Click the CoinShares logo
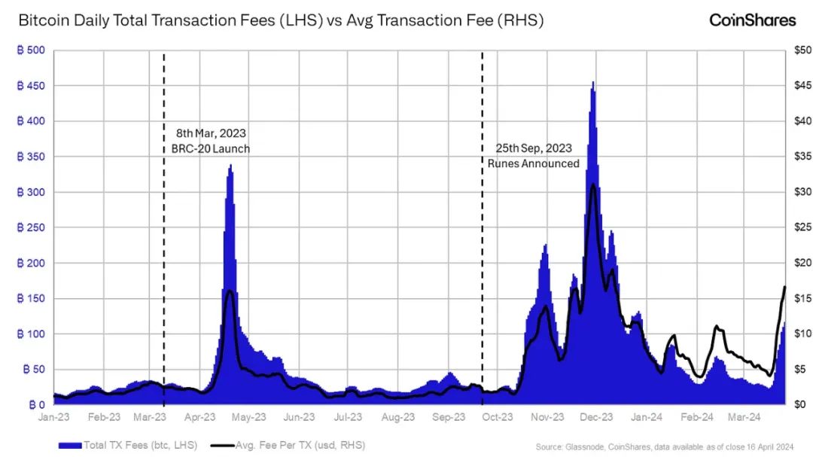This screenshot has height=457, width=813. click(x=752, y=20)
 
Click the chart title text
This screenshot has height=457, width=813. click(x=280, y=21)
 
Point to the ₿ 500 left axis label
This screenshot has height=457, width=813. click(x=30, y=50)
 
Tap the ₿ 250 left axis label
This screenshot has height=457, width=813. click(x=30, y=228)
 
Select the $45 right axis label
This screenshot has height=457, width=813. click(x=796, y=86)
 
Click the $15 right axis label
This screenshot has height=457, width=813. click(x=796, y=299)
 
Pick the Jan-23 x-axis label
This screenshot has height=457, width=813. click(x=54, y=416)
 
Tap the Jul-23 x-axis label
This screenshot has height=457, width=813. click(x=349, y=416)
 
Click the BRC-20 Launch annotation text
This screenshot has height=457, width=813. click(x=206, y=149)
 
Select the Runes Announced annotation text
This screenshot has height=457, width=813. click(x=533, y=163)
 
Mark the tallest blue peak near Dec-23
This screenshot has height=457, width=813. click(x=593, y=83)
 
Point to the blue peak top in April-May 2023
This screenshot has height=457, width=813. click(x=230, y=166)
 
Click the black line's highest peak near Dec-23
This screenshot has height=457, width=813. click(x=594, y=185)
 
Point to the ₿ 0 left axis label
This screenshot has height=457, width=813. click(x=35, y=405)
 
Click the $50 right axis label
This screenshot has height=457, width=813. click(x=796, y=50)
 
